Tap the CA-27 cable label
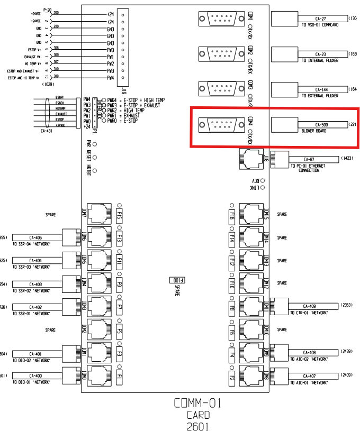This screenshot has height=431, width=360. coord(320,19)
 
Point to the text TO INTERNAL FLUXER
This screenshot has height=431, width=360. coord(320,60)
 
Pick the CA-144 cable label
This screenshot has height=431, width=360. coord(320,89)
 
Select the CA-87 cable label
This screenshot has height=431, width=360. coord(309,159)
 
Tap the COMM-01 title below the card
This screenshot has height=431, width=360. coord(197,404)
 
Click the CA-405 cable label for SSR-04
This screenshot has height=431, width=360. coord(35,237)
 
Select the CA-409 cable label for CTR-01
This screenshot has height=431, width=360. coord(309,306)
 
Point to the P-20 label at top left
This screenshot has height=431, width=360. coord(47,9)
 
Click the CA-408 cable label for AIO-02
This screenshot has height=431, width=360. coord(309,352)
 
